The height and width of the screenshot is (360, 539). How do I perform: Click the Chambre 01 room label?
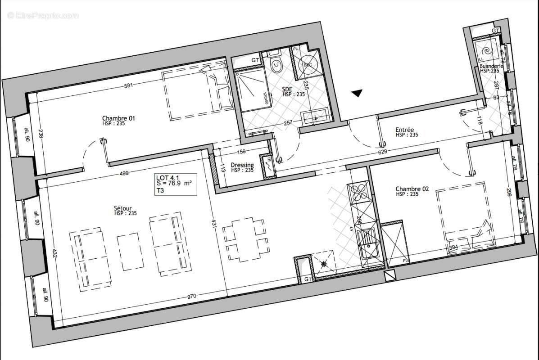coord(119,119)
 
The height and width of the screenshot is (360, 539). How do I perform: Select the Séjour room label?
coord(122,208)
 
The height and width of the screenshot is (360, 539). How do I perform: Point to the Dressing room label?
coord(242,166)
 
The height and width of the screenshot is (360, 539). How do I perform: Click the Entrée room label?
coord(405,130)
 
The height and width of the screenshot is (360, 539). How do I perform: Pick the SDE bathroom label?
coord(288,90)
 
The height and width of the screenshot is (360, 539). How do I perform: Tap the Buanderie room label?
coord(491,66)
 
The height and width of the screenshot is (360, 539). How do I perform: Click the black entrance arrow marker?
coord(357,93)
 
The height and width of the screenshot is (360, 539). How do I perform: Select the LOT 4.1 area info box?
coord(175,184)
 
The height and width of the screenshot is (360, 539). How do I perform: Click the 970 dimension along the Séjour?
coord(192,297)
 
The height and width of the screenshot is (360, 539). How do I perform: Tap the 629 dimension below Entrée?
coord(382,152)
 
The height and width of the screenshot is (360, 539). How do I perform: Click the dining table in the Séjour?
coord(245,239)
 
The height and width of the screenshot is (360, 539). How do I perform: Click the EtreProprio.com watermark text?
coord(43,15)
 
